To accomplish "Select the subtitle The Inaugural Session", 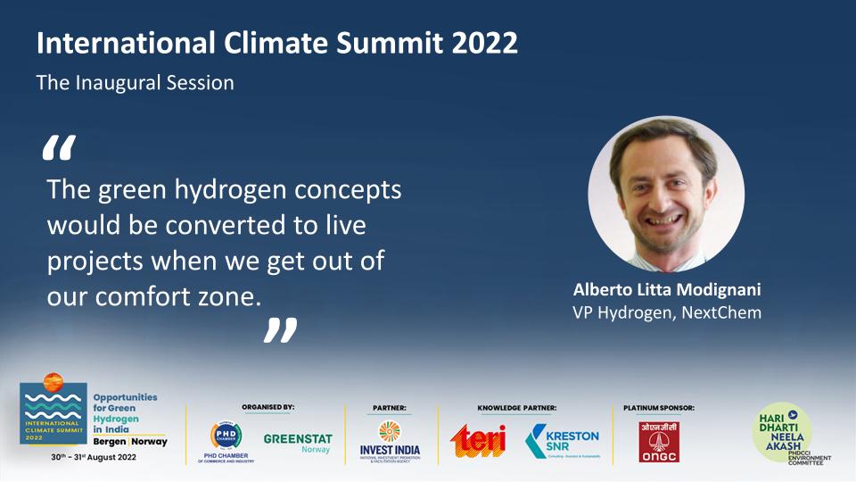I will [x=135, y=83].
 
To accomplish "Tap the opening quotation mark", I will [x=59, y=150].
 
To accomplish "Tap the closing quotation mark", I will [x=279, y=329].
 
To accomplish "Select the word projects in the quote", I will [x=91, y=262].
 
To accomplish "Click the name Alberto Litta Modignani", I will [x=666, y=291].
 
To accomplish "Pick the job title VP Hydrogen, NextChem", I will [x=666, y=312].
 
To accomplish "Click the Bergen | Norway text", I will [x=130, y=442].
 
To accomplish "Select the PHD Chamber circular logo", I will [x=225, y=435].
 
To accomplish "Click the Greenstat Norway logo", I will [x=298, y=443].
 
